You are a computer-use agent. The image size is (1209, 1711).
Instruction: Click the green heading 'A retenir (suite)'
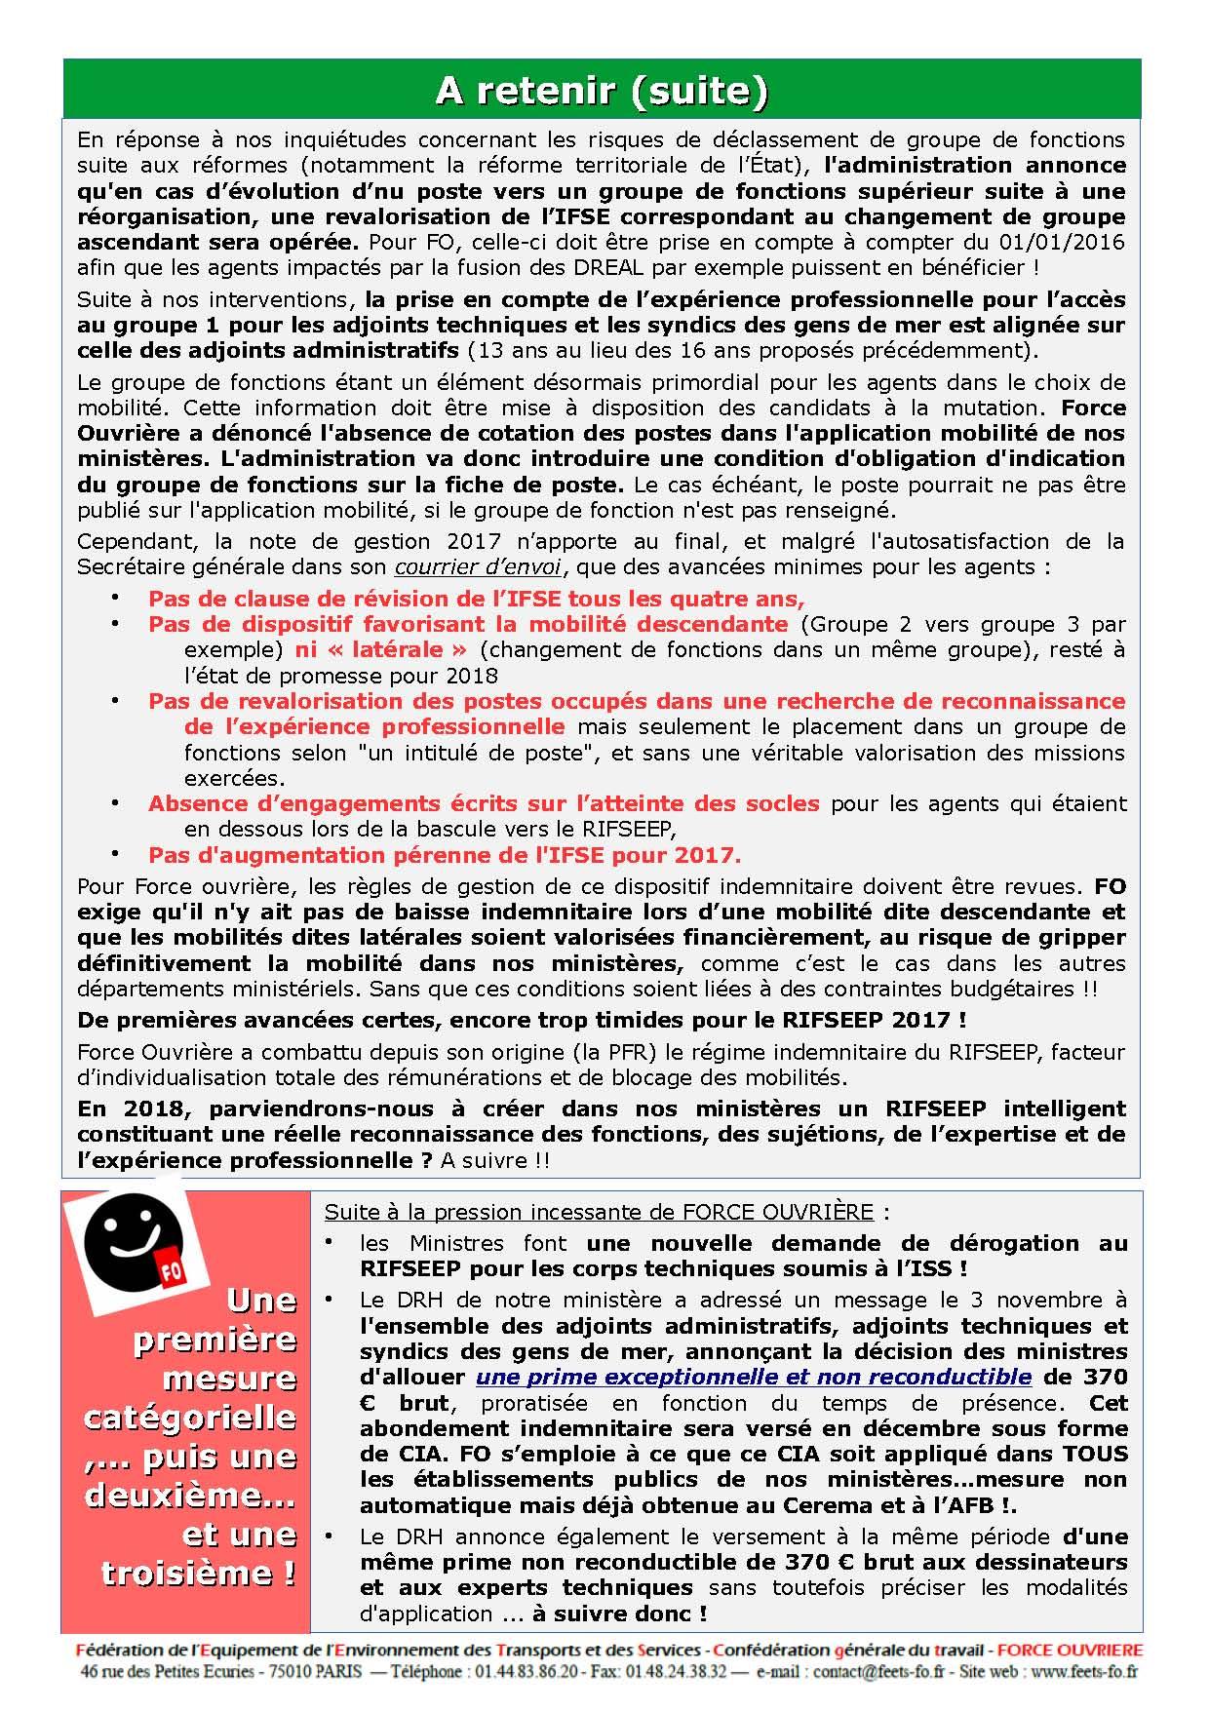tap(601, 90)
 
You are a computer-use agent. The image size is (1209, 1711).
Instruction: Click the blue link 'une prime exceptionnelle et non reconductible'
tap(754, 1377)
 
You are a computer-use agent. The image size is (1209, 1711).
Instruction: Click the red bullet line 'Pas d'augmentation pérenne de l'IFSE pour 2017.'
tap(445, 855)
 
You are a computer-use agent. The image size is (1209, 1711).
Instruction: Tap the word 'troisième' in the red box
tap(200, 1573)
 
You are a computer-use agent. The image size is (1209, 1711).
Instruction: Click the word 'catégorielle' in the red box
tap(190, 1416)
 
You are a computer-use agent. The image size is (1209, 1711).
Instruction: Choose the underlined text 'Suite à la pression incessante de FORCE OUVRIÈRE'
tap(599, 1212)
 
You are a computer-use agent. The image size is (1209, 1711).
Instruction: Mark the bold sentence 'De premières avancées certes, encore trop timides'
tap(522, 1020)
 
